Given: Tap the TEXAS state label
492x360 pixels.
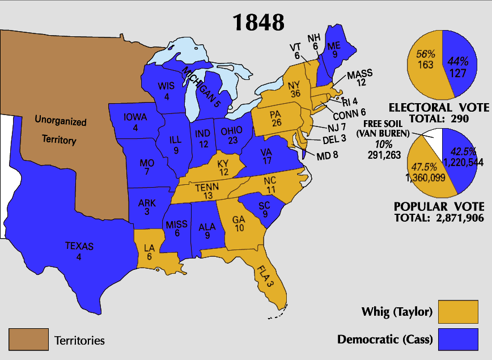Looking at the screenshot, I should [79, 251].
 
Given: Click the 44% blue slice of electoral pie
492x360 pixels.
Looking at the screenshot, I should [459, 65].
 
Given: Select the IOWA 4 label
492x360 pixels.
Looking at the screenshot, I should [135, 122].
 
